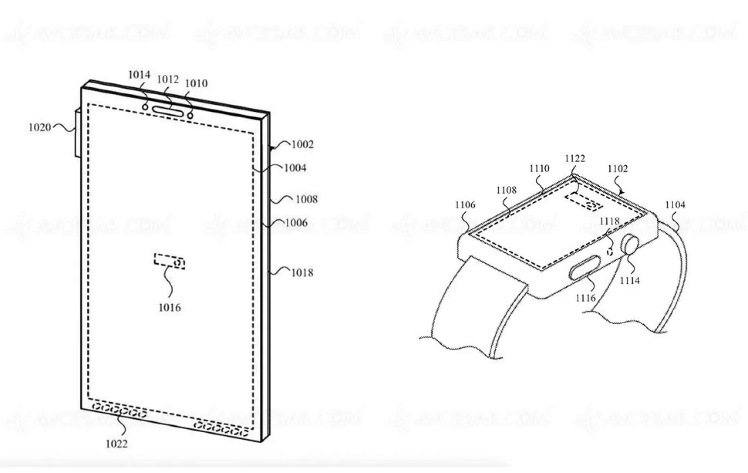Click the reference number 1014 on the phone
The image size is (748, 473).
139,75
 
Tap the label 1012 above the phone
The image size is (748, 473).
167,79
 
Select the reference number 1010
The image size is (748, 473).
196,83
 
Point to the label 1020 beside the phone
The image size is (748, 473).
39,128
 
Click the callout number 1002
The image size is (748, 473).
302,144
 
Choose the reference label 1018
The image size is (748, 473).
302,272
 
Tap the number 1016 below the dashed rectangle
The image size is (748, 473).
169,307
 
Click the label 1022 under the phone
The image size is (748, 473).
117,444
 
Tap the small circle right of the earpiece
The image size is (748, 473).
189,115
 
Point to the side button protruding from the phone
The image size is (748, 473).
77,133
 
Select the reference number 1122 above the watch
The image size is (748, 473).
575,158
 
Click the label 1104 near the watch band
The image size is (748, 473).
675,204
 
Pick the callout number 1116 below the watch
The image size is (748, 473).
586,298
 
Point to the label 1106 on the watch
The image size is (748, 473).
465,204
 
